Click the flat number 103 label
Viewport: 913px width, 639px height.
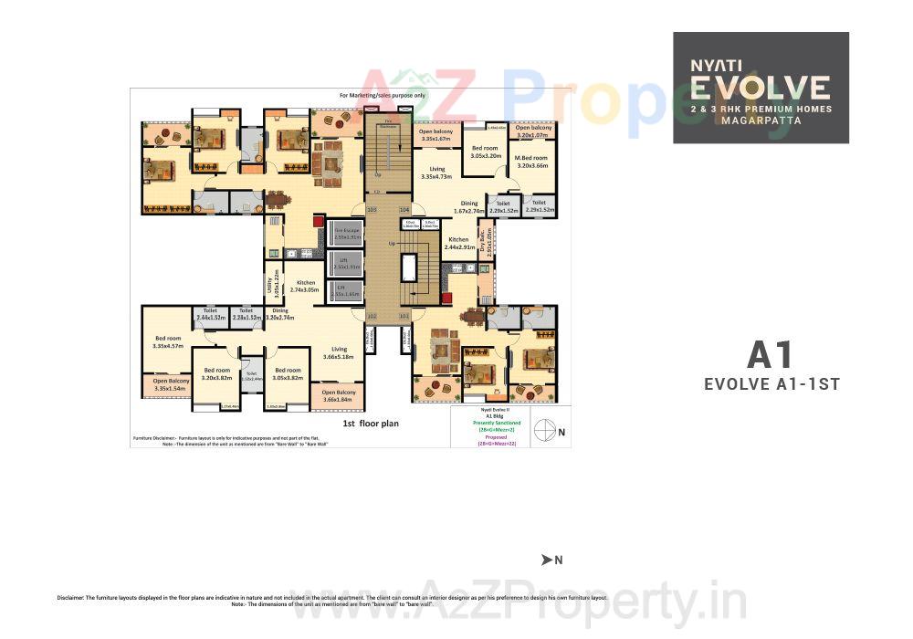click(372, 209)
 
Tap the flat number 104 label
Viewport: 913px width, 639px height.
click(404, 209)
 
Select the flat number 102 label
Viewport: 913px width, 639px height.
click(372, 316)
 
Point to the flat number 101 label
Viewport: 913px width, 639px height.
click(404, 316)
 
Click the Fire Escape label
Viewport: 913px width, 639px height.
click(345, 233)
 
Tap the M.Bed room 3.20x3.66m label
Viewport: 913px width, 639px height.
click(532, 162)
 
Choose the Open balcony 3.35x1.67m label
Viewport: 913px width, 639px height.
click(436, 135)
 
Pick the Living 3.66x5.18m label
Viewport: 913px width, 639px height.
click(339, 352)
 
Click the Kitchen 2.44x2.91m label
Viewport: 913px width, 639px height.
click(458, 244)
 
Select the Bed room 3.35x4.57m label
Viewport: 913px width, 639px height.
click(168, 341)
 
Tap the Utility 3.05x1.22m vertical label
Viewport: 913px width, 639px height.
click(270, 284)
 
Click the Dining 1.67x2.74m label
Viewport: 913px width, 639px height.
click(469, 207)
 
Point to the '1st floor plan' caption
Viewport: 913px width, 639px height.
click(371, 424)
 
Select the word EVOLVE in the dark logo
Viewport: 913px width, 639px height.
click(761, 89)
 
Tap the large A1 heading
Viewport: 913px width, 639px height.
click(771, 354)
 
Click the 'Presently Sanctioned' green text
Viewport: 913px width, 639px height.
click(497, 424)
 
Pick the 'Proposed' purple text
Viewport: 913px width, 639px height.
click(497, 436)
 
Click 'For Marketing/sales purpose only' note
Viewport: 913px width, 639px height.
click(383, 95)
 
